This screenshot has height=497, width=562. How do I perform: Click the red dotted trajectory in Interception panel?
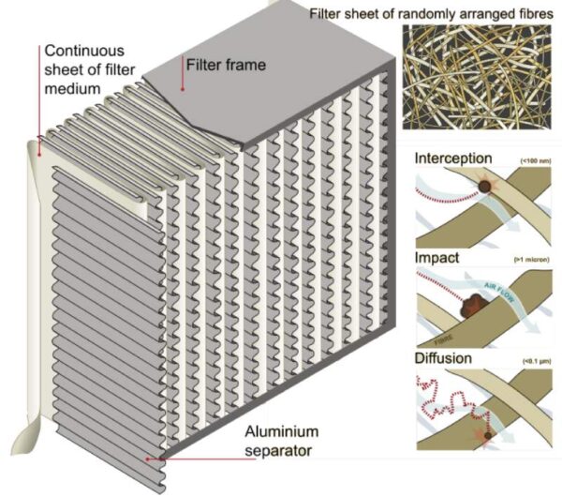click(440, 192)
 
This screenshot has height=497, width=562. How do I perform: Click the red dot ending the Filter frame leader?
click(183, 89)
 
